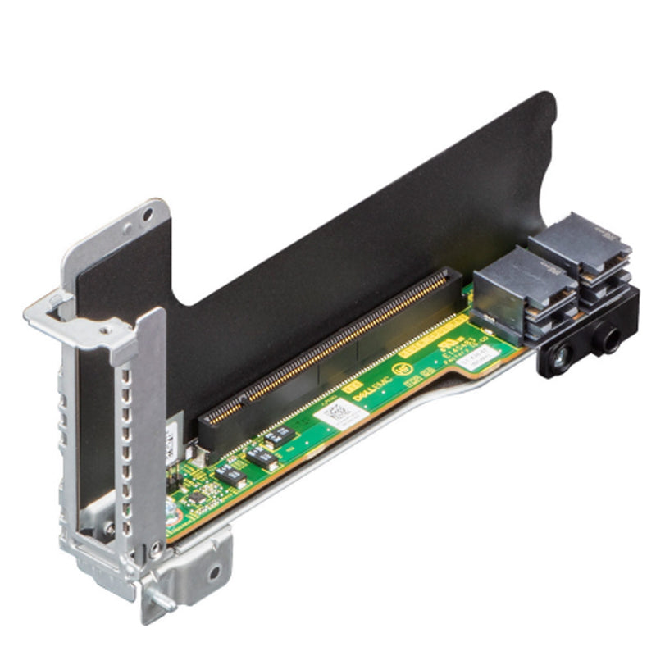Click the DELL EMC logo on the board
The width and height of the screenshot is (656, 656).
tap(380, 386)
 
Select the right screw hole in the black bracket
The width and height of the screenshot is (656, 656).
tap(611, 335)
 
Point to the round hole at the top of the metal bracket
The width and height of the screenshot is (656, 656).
tap(147, 216)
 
